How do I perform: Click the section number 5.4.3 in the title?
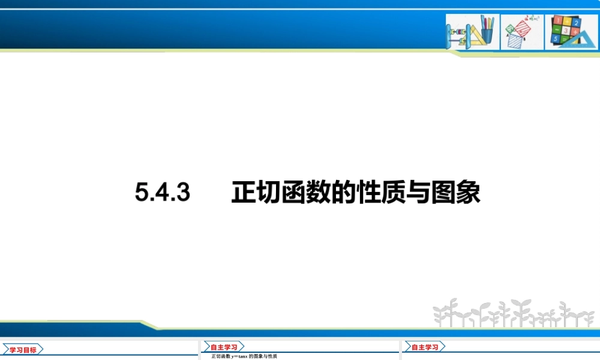tap(162, 193)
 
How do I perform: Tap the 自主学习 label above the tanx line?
tap(224, 347)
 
